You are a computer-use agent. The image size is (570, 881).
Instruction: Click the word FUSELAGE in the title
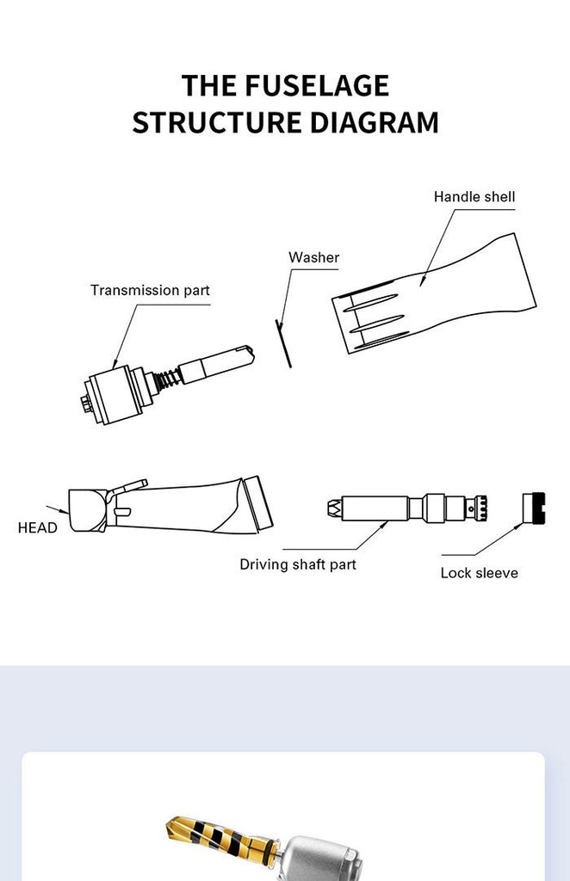[x=315, y=85]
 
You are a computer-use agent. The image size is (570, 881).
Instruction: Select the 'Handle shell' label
[x=474, y=197]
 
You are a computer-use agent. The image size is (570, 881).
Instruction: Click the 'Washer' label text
[x=313, y=257]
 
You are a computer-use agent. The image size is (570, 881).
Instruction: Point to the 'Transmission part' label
[x=150, y=290]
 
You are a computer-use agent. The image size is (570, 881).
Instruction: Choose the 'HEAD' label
[x=37, y=527]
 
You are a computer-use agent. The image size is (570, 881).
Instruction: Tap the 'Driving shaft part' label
[x=297, y=564]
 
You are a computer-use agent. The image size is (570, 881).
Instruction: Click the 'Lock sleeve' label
[x=479, y=572]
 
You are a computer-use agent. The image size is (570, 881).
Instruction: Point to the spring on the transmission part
[x=169, y=377]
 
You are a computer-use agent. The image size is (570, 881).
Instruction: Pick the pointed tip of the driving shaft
[x=331, y=508]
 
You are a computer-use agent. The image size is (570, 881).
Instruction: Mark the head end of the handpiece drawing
[x=86, y=509]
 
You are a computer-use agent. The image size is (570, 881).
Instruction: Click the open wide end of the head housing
[x=257, y=503]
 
